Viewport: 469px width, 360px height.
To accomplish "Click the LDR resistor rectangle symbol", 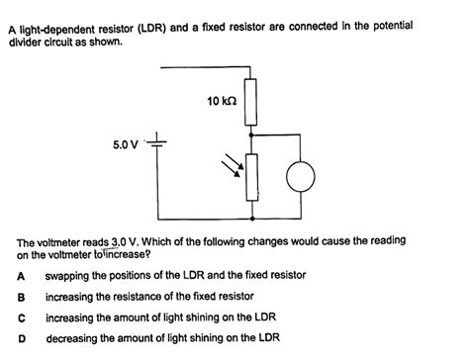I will [255, 177].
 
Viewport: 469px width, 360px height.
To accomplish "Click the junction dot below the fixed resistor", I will [255, 133].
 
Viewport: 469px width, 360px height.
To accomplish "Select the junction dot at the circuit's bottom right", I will [255, 219].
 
